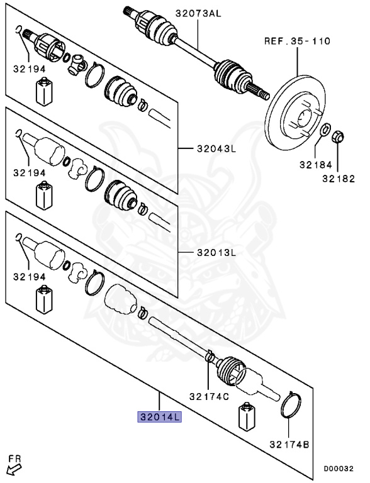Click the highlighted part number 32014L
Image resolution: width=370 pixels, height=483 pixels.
[160, 416]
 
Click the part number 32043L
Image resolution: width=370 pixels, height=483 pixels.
[215, 149]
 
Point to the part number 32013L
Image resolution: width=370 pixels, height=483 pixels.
[215, 253]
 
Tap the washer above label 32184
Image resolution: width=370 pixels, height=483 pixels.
[325, 131]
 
